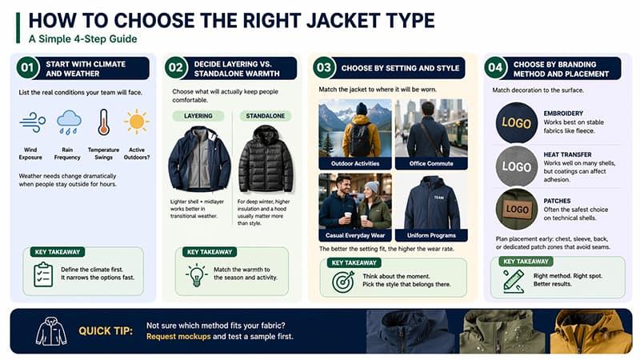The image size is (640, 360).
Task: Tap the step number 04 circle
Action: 496,68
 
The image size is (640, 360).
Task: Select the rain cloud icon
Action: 68,122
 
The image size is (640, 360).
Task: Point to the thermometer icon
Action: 103,122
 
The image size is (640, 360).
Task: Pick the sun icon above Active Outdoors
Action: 136,122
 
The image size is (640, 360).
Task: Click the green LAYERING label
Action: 198,116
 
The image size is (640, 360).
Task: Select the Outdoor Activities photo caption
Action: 354,163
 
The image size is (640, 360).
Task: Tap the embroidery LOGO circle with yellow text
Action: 516,124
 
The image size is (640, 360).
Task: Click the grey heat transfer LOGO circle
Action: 516,167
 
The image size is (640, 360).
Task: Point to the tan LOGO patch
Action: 516,210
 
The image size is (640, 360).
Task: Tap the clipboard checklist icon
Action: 43,274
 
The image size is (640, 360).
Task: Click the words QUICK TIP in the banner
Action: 106,330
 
